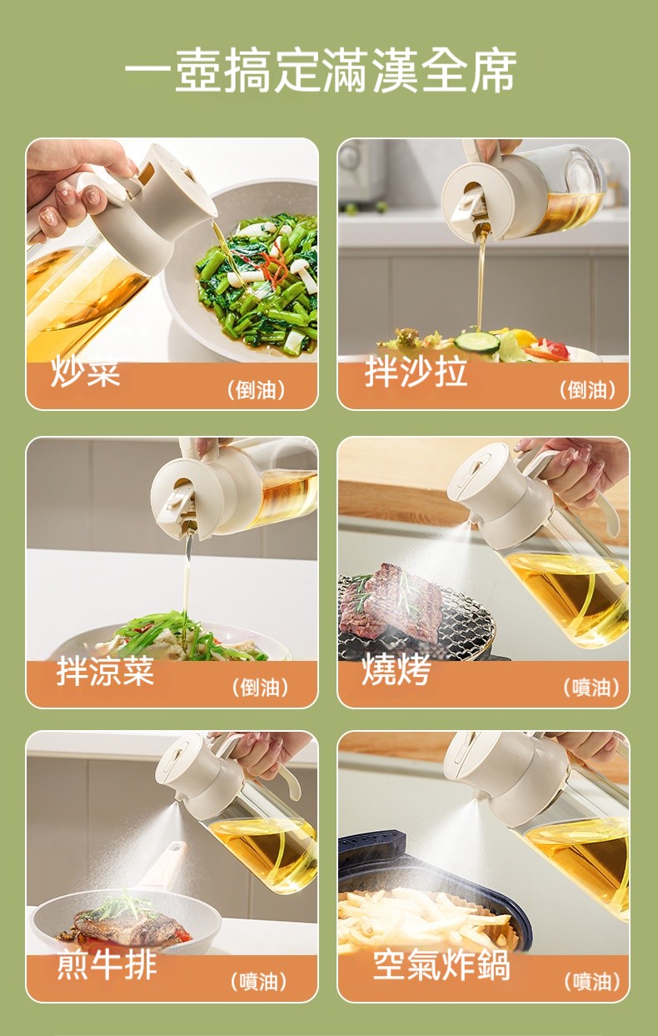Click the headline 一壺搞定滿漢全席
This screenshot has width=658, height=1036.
coord(320,70)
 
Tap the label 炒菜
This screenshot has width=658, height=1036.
coord(86,372)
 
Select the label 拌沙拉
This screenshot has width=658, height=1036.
coord(416,372)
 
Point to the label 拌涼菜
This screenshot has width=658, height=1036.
coord(105,671)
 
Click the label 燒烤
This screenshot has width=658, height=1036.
coord(396,669)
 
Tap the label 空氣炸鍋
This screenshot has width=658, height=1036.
coord(441,965)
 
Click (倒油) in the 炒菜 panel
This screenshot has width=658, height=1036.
coord(256,390)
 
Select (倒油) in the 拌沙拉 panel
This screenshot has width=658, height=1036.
coord(588,390)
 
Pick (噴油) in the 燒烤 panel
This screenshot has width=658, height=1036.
coord(591,688)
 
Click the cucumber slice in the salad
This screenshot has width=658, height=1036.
coord(477,342)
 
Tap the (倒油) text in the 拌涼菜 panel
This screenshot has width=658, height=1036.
coord(260,688)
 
